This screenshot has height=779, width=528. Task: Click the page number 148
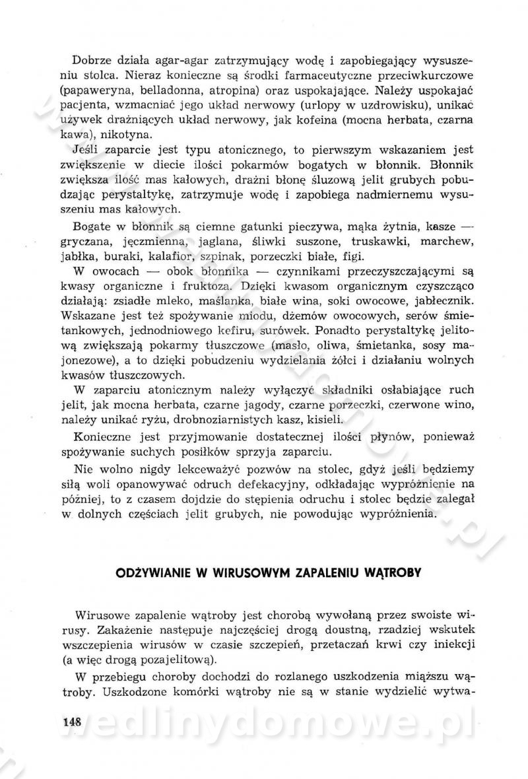(67, 721)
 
